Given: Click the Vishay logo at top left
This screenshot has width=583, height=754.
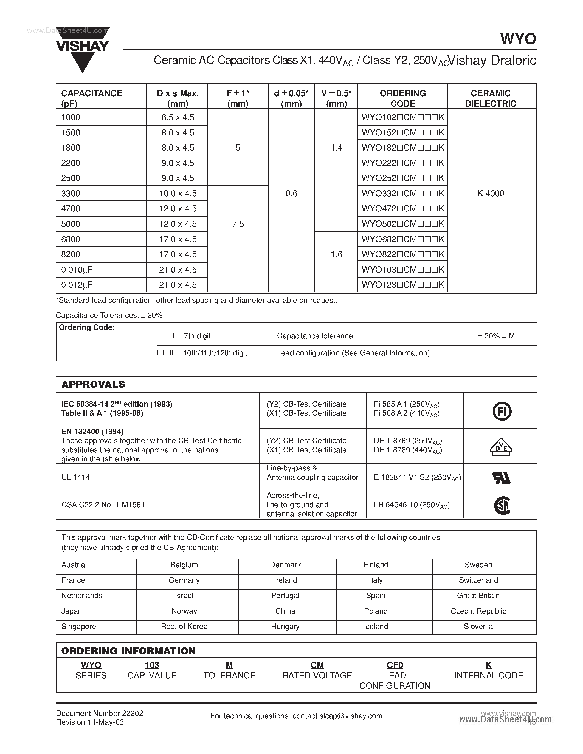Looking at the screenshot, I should point(83,48).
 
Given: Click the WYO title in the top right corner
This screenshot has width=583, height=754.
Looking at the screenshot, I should point(518,39).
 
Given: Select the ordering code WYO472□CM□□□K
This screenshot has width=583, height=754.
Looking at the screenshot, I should point(402,209).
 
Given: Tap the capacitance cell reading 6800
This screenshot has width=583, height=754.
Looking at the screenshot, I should point(71,239).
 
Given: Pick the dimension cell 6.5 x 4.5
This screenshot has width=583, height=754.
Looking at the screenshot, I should point(178,117).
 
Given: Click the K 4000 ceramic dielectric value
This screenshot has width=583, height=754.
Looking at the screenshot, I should point(491,193).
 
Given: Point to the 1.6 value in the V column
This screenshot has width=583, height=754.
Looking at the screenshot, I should point(336,254).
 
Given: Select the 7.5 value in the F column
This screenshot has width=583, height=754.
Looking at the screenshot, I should point(238,224).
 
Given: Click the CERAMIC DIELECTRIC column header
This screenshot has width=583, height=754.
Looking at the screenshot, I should point(491,98).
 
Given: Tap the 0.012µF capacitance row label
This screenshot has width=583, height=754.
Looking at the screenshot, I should point(77,285).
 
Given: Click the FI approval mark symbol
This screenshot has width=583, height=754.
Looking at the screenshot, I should point(502,411).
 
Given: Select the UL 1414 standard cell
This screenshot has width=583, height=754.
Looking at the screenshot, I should point(75,477).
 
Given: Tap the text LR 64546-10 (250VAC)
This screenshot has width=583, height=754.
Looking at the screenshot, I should point(411,505).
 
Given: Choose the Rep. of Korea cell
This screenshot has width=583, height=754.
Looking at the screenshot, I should point(184,626).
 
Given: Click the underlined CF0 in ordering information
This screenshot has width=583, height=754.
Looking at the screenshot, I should point(395,665).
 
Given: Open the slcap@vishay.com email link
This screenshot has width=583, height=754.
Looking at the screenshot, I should point(351,716).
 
